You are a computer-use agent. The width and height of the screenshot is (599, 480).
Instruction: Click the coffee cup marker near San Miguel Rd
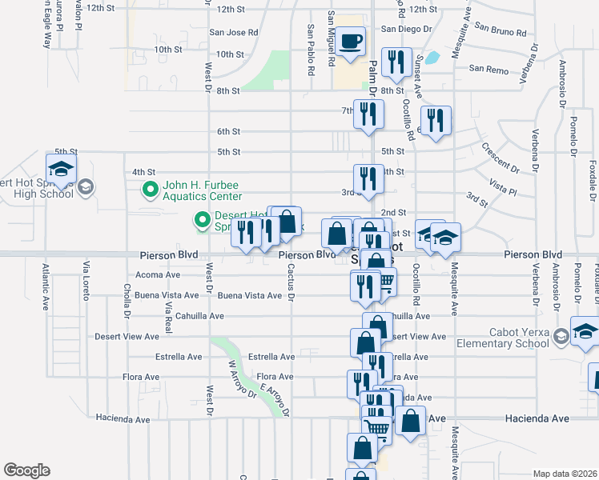coord(350,42)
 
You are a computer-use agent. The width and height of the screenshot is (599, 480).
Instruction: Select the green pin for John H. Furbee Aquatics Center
coord(150,190)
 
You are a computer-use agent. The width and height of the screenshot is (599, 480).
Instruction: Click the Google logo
coord(26,470)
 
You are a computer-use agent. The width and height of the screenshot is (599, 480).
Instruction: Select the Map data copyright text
coord(565,474)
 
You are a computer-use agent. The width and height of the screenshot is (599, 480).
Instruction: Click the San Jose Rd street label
coord(234,33)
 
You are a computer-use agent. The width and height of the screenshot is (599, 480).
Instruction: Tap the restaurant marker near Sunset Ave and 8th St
coord(396,63)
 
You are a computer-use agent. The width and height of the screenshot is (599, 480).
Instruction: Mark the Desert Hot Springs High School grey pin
coord(86,188)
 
